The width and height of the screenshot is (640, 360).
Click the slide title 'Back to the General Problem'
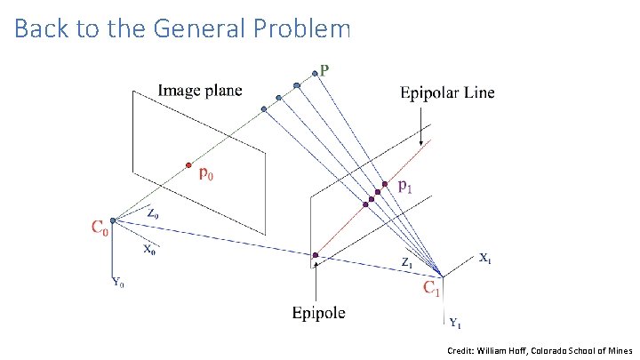pos(182,29)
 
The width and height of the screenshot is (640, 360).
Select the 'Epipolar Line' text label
pos(447,92)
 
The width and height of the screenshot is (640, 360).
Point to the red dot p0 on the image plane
pos(188,164)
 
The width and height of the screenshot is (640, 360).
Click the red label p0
pos(205,174)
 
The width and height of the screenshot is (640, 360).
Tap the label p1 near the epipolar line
pos(404,186)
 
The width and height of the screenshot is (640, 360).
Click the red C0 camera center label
pos(100,229)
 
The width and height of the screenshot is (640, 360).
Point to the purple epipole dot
pos(316,256)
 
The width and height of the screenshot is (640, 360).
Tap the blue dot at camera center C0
pos(114,220)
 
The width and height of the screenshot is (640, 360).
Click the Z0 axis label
pos(154,213)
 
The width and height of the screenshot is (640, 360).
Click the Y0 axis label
pos(118,284)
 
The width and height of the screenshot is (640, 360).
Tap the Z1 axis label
pos(405,263)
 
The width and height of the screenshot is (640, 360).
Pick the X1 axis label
pos(485,260)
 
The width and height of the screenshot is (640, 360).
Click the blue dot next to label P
pos(313,73)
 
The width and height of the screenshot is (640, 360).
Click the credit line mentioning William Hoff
pos(540,352)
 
